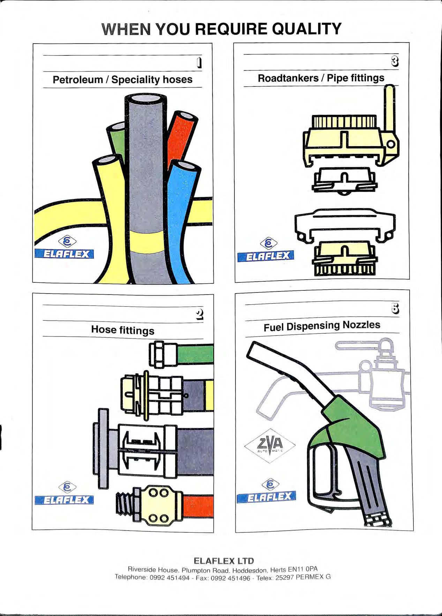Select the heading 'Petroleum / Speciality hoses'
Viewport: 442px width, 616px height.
tap(122, 79)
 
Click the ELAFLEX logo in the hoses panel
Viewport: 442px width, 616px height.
tap(65, 253)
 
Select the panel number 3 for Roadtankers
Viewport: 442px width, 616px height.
tap(395, 61)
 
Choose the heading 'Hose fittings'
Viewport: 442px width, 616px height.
tap(123, 329)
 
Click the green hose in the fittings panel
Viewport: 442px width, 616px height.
tap(195, 353)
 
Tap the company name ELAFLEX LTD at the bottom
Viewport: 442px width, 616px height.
tap(224, 561)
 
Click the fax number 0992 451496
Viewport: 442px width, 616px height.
tap(231, 578)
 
